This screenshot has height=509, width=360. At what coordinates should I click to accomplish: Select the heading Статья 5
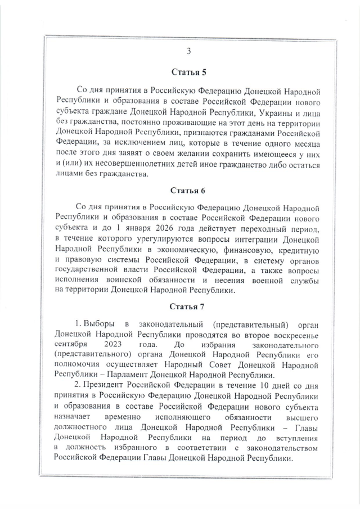188,71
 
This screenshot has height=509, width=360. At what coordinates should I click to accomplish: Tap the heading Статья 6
188,190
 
